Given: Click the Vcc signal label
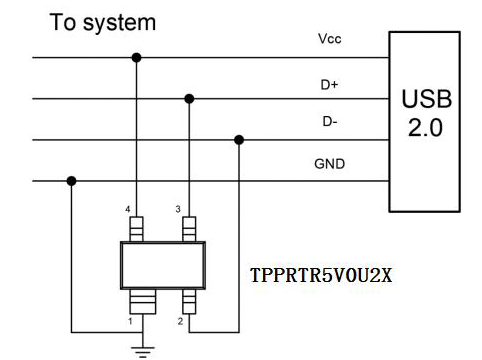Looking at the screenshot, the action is pyautogui.click(x=330, y=39).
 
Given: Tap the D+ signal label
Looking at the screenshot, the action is pyautogui.click(x=329, y=85).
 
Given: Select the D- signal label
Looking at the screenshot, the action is pyautogui.click(x=330, y=121).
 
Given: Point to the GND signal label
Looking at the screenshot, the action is pyautogui.click(x=329, y=164).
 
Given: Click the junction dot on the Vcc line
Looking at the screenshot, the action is pyautogui.click(x=136, y=58).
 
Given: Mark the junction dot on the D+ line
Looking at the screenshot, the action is pyautogui.click(x=189, y=99).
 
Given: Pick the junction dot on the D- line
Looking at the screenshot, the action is pyautogui.click(x=239, y=140).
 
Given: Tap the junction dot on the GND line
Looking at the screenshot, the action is pyautogui.click(x=71, y=181).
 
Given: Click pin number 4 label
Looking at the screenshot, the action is pyautogui.click(x=128, y=209).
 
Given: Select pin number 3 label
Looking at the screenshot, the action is pyautogui.click(x=178, y=209).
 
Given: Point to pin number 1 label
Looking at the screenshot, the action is pyautogui.click(x=130, y=321).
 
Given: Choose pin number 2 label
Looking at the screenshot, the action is pyautogui.click(x=180, y=321).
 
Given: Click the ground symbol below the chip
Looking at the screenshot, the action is pyautogui.click(x=143, y=352).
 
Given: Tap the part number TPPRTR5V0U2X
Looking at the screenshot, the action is pyautogui.click(x=321, y=276).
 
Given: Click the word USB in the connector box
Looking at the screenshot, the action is pyautogui.click(x=427, y=99).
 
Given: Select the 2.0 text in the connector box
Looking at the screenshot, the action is pyautogui.click(x=426, y=128).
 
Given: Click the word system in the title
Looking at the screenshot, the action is pyautogui.click(x=119, y=23).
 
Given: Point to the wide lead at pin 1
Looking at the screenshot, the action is pyautogui.click(x=143, y=302).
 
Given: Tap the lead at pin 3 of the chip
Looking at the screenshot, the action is pyautogui.click(x=189, y=229).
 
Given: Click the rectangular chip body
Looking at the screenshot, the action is pyautogui.click(x=163, y=265).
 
